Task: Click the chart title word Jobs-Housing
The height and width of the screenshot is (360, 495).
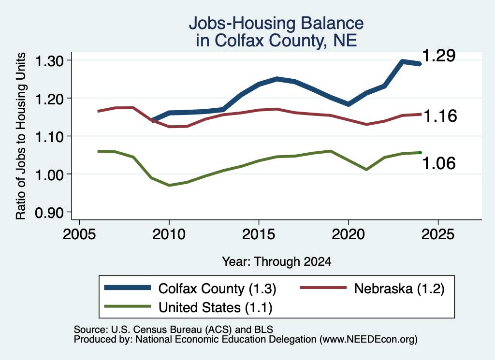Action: coord(242,24)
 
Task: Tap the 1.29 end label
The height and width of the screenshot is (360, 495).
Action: coord(439,56)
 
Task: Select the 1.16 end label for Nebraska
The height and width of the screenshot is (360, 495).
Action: coord(440,116)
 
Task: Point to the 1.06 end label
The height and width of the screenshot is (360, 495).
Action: coord(439,163)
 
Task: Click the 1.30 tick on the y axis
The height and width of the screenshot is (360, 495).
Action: coord(49,61)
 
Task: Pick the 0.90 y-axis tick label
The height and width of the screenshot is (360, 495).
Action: coord(49,213)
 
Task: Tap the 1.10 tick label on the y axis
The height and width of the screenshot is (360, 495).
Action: coord(49,137)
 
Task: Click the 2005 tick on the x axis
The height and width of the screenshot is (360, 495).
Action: coord(79,234)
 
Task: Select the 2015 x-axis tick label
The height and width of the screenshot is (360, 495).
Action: coord(259,234)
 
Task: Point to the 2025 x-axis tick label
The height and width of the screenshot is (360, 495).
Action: coord(438,234)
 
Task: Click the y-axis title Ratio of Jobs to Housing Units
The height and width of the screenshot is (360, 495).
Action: coord(21,136)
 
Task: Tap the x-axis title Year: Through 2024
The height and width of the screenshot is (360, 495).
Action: coord(277,261)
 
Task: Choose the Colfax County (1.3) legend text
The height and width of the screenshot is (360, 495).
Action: coord(217,288)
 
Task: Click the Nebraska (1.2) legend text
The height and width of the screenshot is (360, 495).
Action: coord(399,288)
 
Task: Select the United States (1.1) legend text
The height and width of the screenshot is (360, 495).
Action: coord(215,307)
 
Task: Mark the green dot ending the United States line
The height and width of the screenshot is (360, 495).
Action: coord(420,153)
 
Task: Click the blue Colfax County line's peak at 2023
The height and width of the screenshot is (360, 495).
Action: coord(402,61)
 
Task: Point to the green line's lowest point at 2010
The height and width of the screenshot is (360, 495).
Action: coord(169,185)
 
